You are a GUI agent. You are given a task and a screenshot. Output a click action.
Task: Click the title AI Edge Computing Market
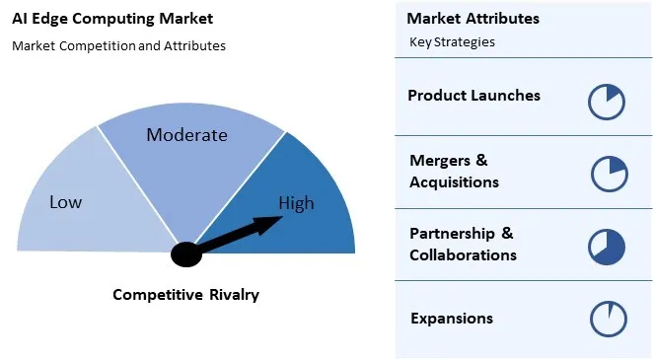point(111,19)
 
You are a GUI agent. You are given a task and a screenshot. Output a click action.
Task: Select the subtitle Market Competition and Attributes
point(118,45)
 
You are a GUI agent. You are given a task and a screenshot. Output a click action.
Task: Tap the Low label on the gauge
point(65,202)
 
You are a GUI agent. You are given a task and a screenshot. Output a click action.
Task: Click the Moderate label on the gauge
point(186,135)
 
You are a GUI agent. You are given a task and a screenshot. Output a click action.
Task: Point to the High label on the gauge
point(296,203)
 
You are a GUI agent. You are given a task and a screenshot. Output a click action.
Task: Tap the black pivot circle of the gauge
point(185,254)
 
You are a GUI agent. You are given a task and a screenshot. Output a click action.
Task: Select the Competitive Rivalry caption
point(185,294)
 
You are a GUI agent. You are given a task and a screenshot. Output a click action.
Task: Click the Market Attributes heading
point(472,19)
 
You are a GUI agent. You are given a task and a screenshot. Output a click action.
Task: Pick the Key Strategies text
point(452,42)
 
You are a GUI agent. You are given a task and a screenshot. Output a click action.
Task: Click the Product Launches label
point(473,96)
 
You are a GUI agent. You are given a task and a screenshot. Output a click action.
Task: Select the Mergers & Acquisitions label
point(454,171)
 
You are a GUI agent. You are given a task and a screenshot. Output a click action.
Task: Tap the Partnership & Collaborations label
point(463,244)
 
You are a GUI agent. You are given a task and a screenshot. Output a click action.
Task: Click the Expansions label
point(451,318)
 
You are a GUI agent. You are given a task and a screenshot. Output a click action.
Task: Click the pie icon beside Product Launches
point(607,101)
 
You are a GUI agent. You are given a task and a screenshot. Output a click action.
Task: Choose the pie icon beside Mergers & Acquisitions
point(609,174)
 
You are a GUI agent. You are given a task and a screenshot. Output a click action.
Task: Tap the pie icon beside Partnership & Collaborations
point(607,247)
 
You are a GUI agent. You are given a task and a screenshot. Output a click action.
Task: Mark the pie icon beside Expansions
point(607,320)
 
